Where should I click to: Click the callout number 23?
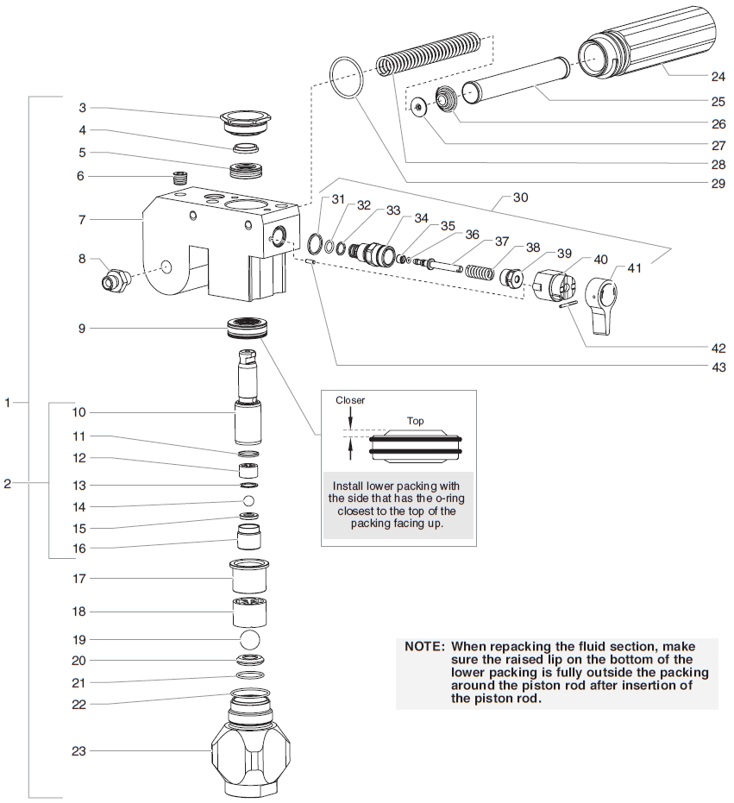pos(79,750)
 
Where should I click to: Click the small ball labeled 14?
pos(249,501)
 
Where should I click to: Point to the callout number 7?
pos(83,221)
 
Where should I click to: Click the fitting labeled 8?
pos(115,279)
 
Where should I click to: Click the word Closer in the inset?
pos(350,400)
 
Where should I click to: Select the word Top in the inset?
pos(417,423)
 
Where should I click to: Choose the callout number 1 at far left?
pos(9,402)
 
